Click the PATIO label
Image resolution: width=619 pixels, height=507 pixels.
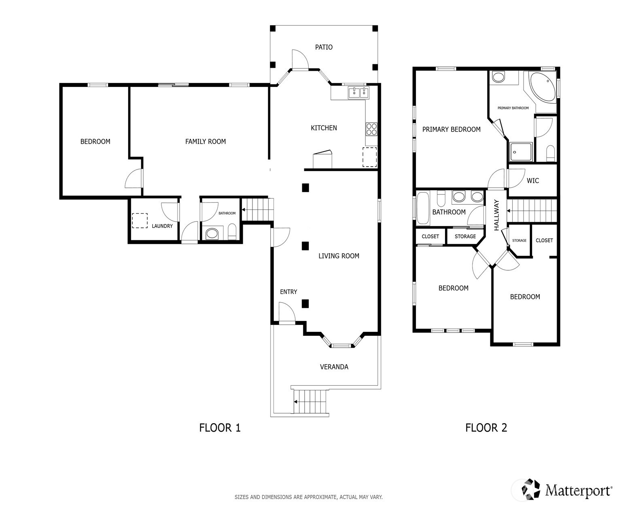coord(324,47)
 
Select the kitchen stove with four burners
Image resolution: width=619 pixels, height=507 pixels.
coord(371,129)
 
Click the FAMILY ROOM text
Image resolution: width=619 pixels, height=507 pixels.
coord(206,142)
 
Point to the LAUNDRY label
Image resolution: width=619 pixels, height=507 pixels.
coord(162,226)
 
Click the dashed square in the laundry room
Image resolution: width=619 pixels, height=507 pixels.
coord(140,221)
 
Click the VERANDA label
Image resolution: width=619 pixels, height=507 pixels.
coord(334,367)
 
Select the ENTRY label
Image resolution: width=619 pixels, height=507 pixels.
coord(288,292)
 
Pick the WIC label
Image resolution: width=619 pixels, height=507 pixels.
coord(533,181)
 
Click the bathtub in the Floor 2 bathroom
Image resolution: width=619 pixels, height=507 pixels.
coord(423,208)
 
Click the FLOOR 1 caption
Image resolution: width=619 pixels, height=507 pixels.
coord(220,428)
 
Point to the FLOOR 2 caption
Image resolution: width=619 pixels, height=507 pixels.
coord(486,428)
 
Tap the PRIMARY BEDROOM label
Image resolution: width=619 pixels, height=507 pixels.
coord(451,129)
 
